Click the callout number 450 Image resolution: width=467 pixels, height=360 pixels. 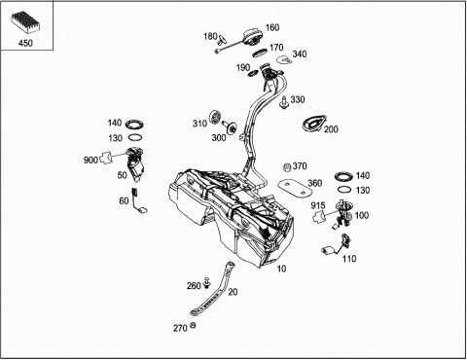click(x=25, y=43)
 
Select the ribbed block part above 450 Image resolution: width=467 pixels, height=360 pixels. click(x=25, y=21)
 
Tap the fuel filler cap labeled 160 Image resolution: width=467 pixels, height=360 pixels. click(x=251, y=38)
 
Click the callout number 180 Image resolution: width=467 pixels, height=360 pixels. click(x=210, y=36)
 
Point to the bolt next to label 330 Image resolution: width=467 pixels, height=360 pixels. click(x=284, y=102)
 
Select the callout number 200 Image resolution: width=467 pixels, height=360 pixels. click(x=331, y=129)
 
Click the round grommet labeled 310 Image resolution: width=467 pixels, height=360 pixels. click(x=215, y=117)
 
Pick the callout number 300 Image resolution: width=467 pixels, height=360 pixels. click(x=219, y=138)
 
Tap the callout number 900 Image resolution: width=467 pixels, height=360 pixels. click(x=90, y=160)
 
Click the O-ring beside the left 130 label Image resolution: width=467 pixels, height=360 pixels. click(x=135, y=137)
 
